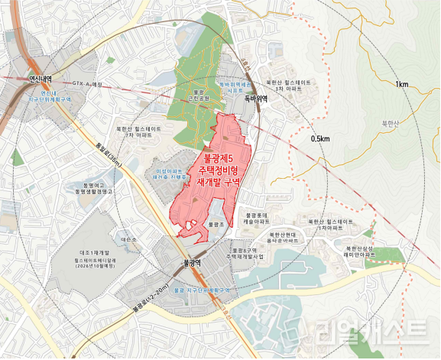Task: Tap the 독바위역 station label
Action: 255,98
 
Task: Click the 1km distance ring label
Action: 400,83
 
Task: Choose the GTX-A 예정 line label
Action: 87,83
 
